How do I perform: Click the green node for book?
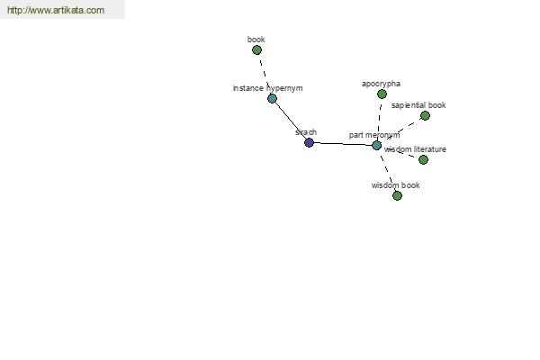(256, 50)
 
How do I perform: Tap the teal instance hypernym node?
(272, 98)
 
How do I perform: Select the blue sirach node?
(310, 142)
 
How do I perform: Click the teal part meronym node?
(377, 146)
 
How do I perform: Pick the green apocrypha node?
(382, 94)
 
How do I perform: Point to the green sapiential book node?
(425, 116)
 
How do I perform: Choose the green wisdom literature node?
(423, 160)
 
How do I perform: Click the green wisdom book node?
(397, 195)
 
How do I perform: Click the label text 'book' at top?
(256, 40)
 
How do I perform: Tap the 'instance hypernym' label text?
(268, 88)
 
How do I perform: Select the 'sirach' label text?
(306, 132)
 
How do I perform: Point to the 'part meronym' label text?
(374, 135)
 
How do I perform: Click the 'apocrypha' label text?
(381, 84)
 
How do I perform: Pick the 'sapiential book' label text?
(418, 105)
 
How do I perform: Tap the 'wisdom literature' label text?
(415, 149)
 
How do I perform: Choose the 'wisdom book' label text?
(396, 185)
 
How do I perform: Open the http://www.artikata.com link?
(56, 10)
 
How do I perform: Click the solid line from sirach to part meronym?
(343, 144)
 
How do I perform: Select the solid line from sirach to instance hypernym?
(291, 121)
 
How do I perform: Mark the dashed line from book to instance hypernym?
(264, 74)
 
